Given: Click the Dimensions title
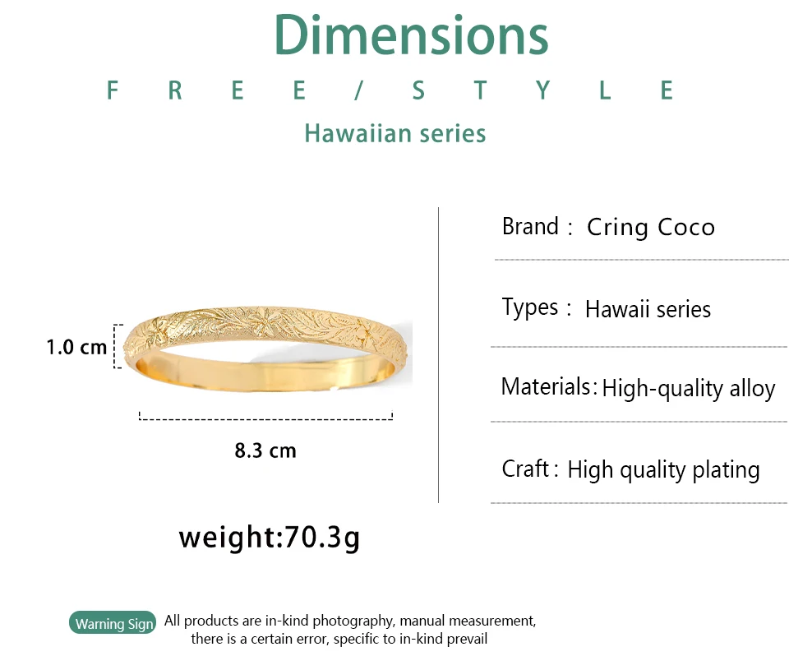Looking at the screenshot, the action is [x=411, y=35].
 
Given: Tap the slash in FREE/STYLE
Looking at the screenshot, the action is [x=359, y=90].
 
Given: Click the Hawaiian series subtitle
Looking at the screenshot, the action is [x=395, y=133].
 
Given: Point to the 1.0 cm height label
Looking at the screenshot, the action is [x=76, y=347].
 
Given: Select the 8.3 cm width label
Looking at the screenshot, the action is [x=265, y=450].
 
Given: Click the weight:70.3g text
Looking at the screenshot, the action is [x=270, y=537].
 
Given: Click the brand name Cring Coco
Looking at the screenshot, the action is [x=651, y=227].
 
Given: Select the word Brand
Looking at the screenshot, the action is [x=530, y=226].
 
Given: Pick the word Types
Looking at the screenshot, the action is [x=530, y=307].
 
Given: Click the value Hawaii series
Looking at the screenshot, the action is [x=648, y=308].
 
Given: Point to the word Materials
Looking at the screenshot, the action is [x=546, y=386].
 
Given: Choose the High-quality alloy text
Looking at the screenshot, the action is [x=689, y=389].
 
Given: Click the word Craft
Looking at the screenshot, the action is [x=525, y=469].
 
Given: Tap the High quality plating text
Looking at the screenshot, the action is [x=663, y=470].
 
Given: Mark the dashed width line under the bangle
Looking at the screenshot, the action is [x=265, y=418].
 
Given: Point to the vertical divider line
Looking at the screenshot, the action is [x=438, y=355].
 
